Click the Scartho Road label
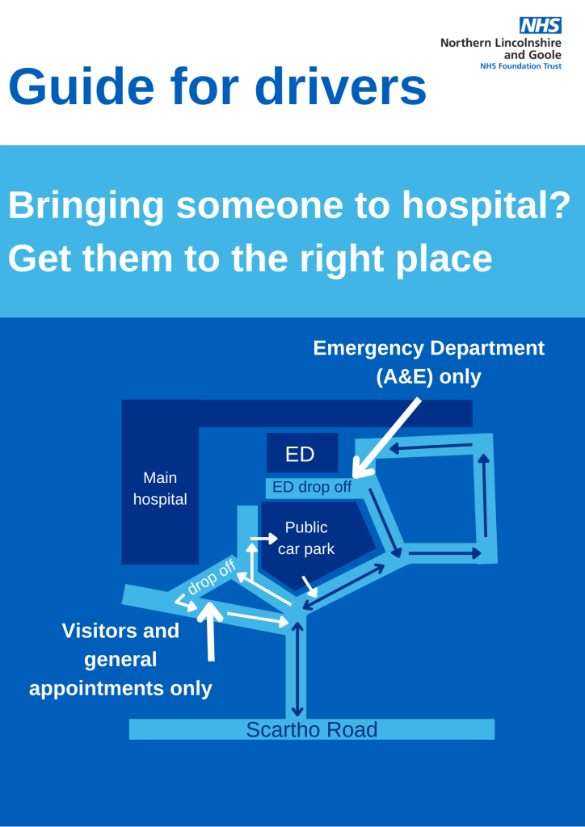pyautogui.click(x=311, y=730)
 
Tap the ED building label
pyautogui.click(x=300, y=455)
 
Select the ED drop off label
pyautogui.click(x=312, y=487)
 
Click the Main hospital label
pyautogui.click(x=160, y=489)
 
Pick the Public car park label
pyautogui.click(x=306, y=538)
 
